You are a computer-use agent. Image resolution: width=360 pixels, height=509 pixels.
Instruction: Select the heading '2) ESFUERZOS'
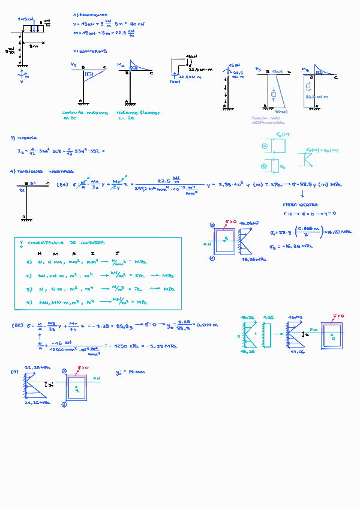[x=90, y=52]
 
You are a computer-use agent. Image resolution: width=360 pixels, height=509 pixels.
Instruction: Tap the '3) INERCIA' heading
[x=23, y=138]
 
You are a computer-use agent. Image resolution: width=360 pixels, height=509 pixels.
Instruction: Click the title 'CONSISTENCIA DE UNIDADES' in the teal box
[x=66, y=243]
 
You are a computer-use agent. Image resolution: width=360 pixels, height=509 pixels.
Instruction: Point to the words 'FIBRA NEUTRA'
[x=297, y=205]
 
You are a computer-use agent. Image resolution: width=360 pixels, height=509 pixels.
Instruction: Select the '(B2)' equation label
[x=19, y=325]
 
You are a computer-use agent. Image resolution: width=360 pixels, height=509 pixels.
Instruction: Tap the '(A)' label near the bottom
[x=14, y=372]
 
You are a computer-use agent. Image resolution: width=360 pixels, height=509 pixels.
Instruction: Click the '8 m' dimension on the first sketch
[x=34, y=45]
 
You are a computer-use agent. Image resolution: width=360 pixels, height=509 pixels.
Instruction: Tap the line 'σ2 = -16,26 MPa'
[x=292, y=246]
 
